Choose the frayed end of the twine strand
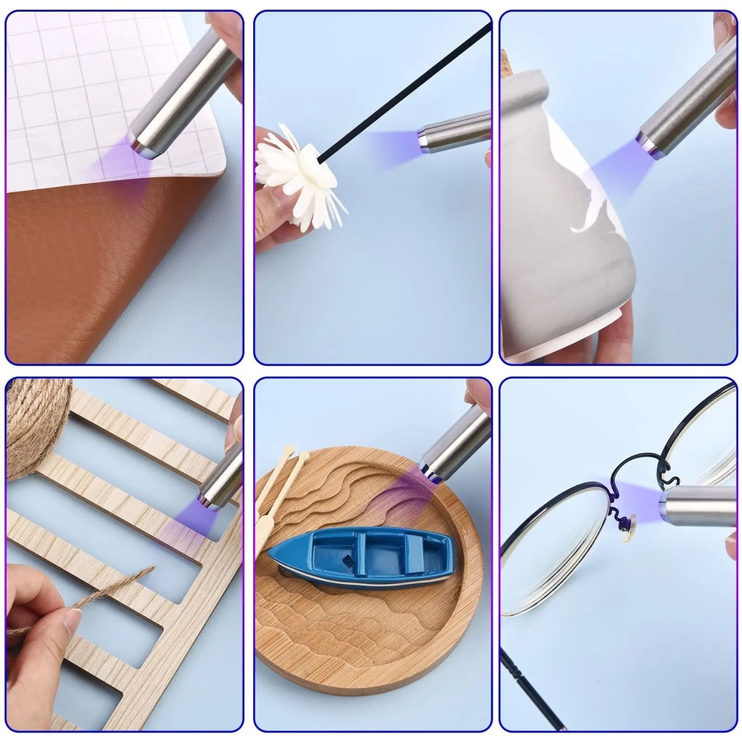(x=148, y=570)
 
